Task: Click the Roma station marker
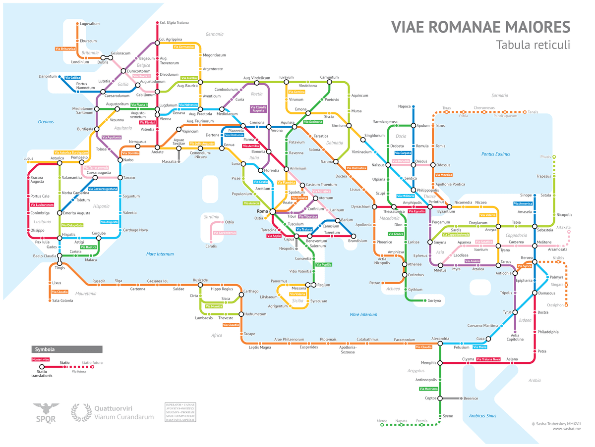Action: pyautogui.click(x=272, y=211)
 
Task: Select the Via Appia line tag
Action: pyautogui.click(x=273, y=236)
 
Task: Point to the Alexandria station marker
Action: pyautogui.click(x=440, y=343)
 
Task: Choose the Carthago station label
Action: pyautogui.click(x=251, y=292)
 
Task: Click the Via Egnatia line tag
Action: pyautogui.click(x=416, y=211)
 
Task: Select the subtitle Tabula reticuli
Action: pyautogui.click(x=533, y=45)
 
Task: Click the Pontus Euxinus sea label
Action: pyautogui.click(x=495, y=154)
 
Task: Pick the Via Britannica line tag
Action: pyautogui.click(x=65, y=49)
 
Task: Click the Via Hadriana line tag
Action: pyautogui.click(x=428, y=389)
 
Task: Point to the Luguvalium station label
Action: pyautogui.click(x=90, y=23)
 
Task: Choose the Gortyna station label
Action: pyautogui.click(x=434, y=300)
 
